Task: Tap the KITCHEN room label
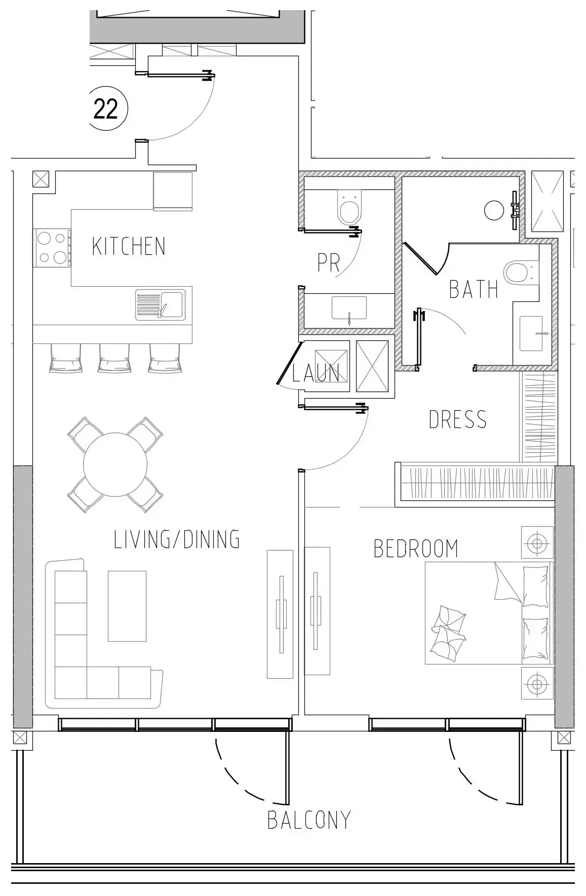129,246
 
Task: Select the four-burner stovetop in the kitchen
52,248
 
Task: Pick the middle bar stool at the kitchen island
114,358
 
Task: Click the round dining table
115,464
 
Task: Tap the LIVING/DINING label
176,539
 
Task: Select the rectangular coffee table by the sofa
127,606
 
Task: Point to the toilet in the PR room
349,208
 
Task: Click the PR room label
328,262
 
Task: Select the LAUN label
316,373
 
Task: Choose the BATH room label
474,289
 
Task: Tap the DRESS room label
457,419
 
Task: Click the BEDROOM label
416,549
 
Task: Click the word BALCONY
309,820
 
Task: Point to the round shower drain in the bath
494,211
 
